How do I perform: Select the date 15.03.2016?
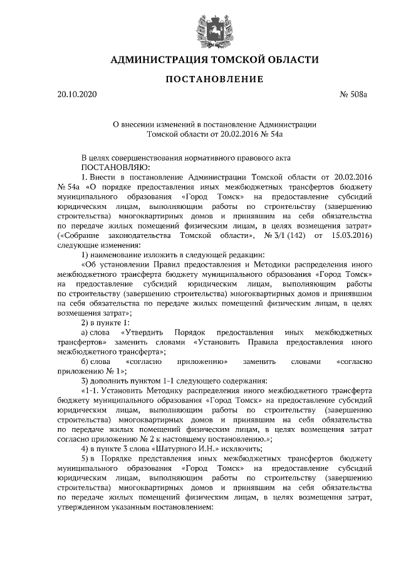351,235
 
